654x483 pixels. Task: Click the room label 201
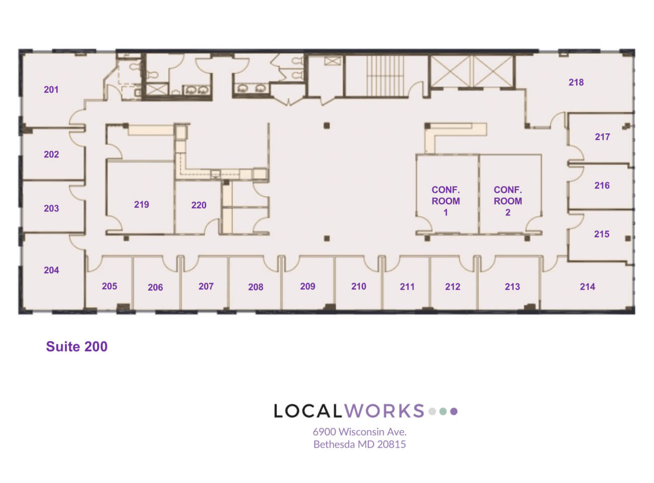[x=51, y=90]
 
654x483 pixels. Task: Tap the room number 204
[x=51, y=270]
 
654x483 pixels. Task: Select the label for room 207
[x=206, y=286]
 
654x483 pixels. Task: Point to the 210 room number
[x=359, y=286]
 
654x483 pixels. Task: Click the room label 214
[x=588, y=287]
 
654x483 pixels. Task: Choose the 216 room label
[x=602, y=186]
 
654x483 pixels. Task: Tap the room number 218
[x=576, y=83]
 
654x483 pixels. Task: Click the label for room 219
[x=141, y=204]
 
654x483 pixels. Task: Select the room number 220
[x=199, y=205]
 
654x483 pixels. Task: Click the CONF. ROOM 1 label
[x=446, y=201]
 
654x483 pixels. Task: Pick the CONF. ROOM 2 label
[x=508, y=201]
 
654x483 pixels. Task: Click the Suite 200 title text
[x=76, y=347]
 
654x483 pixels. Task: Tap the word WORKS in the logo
[x=384, y=411]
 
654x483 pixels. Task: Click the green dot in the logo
[x=443, y=412]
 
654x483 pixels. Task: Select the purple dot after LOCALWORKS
[x=454, y=412]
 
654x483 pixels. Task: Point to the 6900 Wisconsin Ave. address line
[x=359, y=432]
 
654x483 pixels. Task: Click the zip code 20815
[x=391, y=444]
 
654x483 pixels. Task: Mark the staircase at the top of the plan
[x=385, y=76]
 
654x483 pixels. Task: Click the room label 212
[x=453, y=287]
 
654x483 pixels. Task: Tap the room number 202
[x=51, y=154]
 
